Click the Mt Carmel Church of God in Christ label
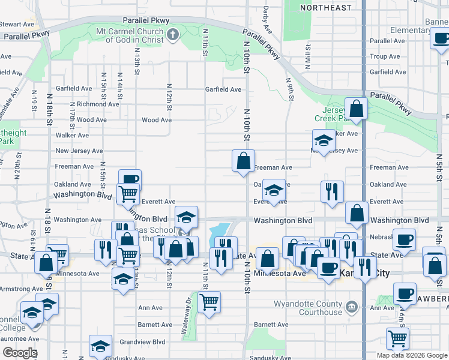tap(134, 35)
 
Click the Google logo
tap(20, 353)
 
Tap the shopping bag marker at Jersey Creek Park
tap(357, 109)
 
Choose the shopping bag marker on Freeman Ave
tap(243, 161)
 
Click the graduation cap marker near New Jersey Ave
tap(323, 141)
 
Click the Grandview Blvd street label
tap(142, 342)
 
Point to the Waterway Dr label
tap(186, 316)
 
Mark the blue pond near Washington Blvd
tap(219, 230)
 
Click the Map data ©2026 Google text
tap(411, 355)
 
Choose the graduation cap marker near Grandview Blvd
tap(100, 346)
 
